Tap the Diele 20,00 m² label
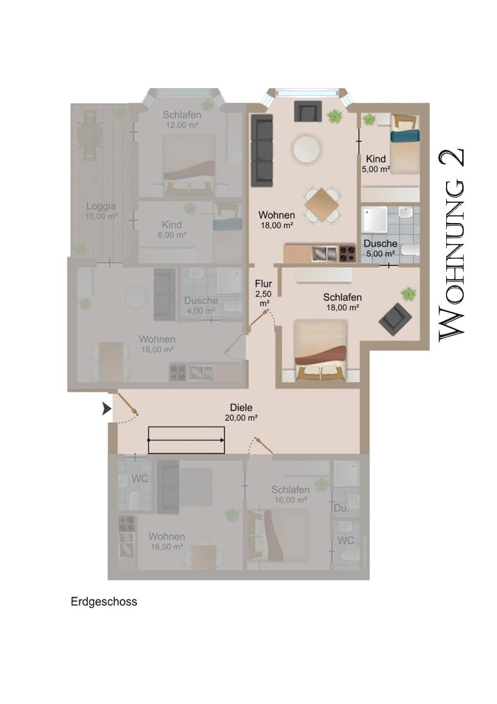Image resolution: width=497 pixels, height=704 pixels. [x=241, y=412]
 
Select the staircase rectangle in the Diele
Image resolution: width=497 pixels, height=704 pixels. [x=186, y=440]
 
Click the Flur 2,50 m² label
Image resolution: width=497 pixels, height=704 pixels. [x=264, y=293]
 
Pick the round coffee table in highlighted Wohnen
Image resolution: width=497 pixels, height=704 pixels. [x=307, y=148]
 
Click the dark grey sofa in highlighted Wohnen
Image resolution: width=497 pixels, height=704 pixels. [x=262, y=150]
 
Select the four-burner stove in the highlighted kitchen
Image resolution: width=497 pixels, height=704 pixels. [x=347, y=254]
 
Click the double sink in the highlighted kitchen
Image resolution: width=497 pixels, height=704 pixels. [x=325, y=253]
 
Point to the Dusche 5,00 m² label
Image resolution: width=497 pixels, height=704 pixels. [x=380, y=248]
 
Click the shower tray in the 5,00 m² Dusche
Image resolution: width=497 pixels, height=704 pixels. [x=374, y=220]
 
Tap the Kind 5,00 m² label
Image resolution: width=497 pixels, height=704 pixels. [x=376, y=164]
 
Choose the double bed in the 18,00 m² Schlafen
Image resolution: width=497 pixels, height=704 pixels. [x=320, y=349]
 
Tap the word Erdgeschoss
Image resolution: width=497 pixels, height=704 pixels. [x=104, y=602]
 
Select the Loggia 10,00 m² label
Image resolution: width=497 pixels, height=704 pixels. [x=101, y=211]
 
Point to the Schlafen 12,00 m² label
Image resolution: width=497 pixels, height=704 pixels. [x=182, y=120]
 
